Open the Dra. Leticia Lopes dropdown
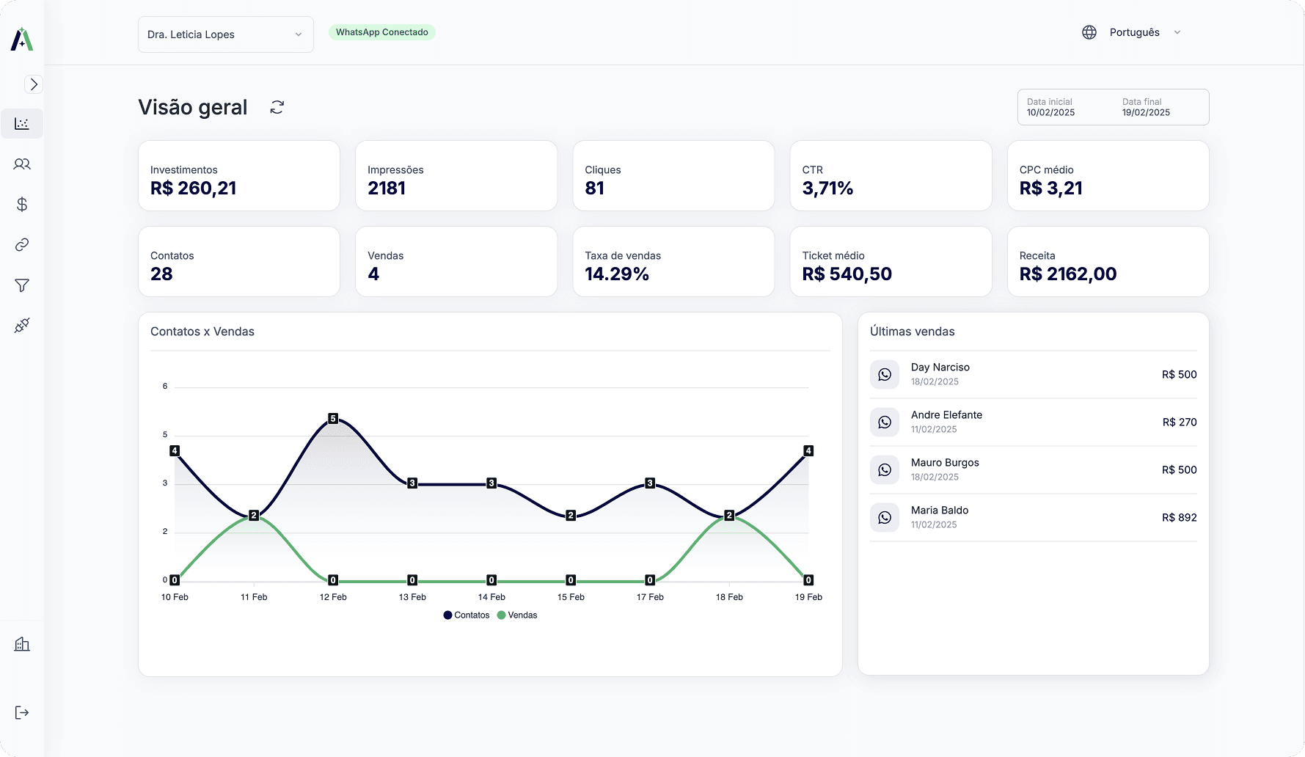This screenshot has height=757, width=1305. (225, 34)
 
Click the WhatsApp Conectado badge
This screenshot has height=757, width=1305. (381, 32)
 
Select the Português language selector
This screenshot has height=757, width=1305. (1134, 32)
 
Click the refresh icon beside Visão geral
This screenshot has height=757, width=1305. (277, 107)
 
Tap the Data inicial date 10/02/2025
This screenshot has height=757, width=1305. (1050, 112)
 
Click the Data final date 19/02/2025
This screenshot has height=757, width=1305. (1146, 112)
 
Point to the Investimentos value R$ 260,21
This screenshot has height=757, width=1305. (194, 189)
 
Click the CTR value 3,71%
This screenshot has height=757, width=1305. (827, 189)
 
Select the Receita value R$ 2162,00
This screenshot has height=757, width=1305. (1068, 274)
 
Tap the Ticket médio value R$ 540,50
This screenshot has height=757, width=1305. (847, 274)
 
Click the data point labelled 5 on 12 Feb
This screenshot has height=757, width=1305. (333, 419)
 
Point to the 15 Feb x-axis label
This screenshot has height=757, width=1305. (571, 597)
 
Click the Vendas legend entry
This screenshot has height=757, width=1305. (517, 615)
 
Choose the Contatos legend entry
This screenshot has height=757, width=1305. (467, 615)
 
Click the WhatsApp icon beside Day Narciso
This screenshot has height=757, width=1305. (885, 375)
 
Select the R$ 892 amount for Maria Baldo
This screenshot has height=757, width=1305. (1180, 518)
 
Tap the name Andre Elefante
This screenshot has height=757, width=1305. (946, 415)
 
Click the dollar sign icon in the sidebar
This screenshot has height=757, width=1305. (22, 205)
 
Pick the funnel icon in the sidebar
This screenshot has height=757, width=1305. (22, 285)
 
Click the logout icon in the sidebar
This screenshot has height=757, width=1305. (22, 713)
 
